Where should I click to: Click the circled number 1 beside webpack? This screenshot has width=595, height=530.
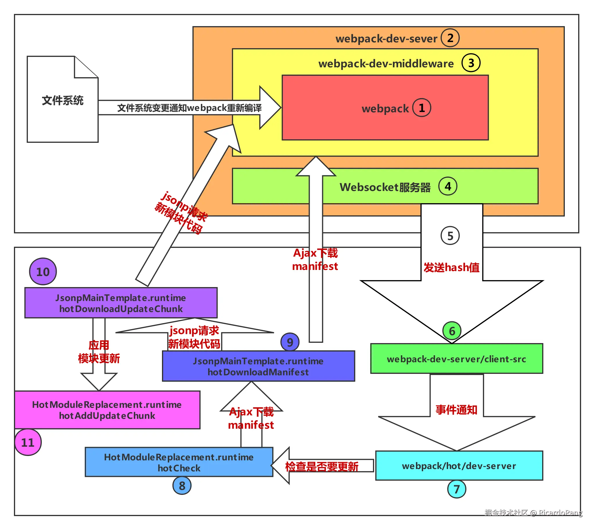click(x=422, y=108)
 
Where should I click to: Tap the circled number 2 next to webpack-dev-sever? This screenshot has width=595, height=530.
click(x=450, y=38)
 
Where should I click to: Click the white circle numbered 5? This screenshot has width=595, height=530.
click(x=450, y=236)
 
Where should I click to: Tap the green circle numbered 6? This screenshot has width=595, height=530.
click(x=452, y=331)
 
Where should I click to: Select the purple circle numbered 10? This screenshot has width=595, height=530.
click(x=43, y=272)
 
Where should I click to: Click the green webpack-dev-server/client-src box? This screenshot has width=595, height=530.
click(x=457, y=359)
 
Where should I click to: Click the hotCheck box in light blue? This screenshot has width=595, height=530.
click(x=179, y=462)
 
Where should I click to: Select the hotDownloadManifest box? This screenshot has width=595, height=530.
click(x=259, y=367)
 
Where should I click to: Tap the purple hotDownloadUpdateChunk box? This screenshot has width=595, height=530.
click(x=121, y=303)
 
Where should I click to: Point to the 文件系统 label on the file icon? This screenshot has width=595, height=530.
click(x=63, y=100)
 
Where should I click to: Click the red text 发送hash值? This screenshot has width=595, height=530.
click(x=452, y=268)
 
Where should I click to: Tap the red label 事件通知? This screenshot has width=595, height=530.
click(x=456, y=410)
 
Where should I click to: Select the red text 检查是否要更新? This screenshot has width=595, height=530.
click(x=322, y=467)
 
